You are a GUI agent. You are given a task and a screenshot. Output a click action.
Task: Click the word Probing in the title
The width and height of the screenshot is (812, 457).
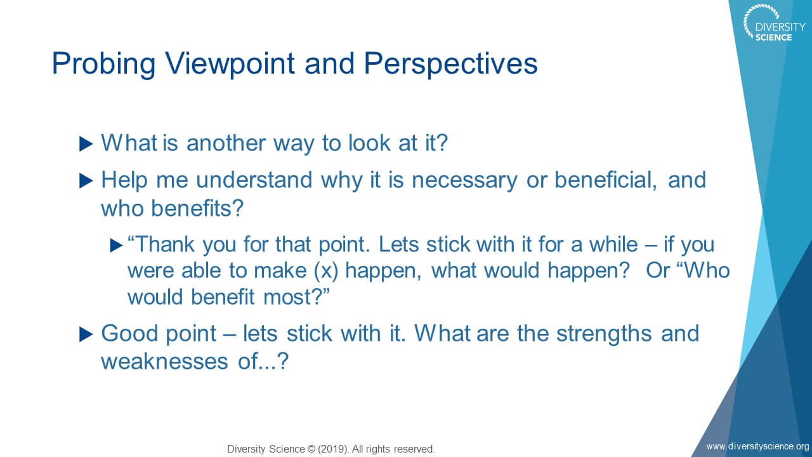[x=103, y=64]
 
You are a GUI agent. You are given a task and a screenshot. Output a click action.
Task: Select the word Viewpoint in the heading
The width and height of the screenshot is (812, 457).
[x=230, y=64]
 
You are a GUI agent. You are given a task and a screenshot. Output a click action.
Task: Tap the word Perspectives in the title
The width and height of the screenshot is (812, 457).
[x=450, y=64]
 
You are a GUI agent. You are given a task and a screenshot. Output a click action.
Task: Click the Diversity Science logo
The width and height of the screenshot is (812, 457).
[x=773, y=23]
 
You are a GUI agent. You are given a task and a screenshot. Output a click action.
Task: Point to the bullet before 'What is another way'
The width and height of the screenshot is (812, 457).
[x=86, y=144]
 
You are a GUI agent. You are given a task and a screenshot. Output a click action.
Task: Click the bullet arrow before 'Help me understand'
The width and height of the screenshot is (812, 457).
[x=86, y=181]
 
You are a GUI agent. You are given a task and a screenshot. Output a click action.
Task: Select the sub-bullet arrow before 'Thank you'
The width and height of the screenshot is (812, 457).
[x=116, y=245]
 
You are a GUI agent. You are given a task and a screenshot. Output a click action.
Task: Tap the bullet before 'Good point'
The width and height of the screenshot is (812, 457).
[x=86, y=334]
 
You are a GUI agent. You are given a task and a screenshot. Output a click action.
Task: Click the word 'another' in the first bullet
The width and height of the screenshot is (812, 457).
[x=226, y=143]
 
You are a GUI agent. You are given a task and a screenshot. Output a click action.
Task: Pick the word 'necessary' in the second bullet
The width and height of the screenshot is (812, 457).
[x=464, y=180]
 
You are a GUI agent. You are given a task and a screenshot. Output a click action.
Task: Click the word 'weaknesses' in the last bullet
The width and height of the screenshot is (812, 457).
[x=164, y=362]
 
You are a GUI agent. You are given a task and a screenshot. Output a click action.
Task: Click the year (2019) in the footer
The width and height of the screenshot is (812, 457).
[x=333, y=449]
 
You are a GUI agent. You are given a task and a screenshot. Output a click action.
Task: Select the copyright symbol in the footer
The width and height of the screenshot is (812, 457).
[x=311, y=449]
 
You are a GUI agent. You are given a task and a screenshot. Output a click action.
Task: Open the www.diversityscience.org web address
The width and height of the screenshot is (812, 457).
[x=757, y=446]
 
